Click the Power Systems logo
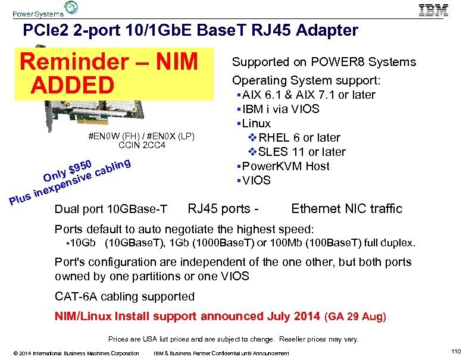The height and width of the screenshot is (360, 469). point(45,10)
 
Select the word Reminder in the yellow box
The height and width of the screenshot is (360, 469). point(76,61)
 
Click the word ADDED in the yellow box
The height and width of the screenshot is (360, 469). point(73,85)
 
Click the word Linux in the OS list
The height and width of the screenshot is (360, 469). point(257,123)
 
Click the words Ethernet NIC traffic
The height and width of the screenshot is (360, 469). point(346,209)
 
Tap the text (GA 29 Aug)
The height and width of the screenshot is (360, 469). point(356,317)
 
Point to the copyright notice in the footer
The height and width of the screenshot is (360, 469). point(71,353)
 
